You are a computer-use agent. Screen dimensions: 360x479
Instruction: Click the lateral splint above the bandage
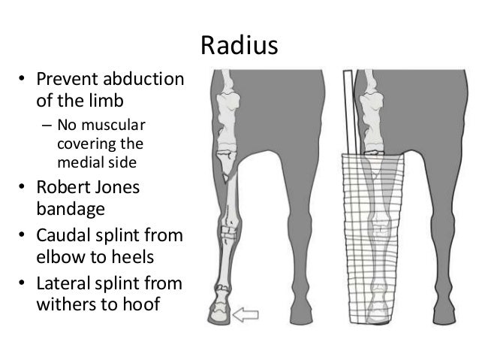347,113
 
